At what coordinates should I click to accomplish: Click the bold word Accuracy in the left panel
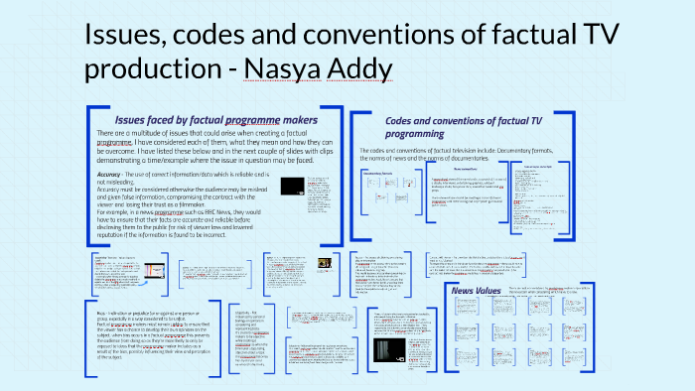[x=116, y=174]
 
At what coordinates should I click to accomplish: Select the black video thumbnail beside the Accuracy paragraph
[x=292, y=186]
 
